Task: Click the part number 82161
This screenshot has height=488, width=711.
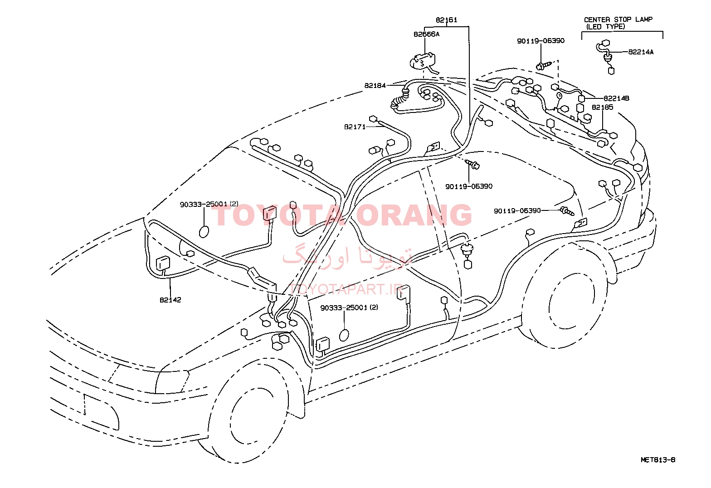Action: tap(446, 20)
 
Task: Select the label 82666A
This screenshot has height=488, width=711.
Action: tap(426, 34)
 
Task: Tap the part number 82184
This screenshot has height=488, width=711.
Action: tap(375, 86)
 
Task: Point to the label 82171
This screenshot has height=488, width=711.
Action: tap(355, 127)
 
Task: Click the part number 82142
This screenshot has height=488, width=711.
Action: tap(170, 300)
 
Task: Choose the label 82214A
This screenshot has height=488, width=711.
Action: tap(641, 52)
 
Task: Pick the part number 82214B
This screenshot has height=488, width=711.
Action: tap(616, 98)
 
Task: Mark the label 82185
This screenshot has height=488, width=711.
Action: tap(603, 107)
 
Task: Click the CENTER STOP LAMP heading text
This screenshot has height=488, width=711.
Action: tap(618, 20)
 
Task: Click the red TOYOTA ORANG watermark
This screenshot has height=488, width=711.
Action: tap(341, 215)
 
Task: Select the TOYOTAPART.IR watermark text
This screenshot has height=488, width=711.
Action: tap(346, 289)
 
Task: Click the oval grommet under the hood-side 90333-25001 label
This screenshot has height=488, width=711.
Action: tap(204, 232)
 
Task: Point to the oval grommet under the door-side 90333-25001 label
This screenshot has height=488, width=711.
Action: tap(344, 335)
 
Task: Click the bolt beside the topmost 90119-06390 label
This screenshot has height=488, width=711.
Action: tap(543, 66)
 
